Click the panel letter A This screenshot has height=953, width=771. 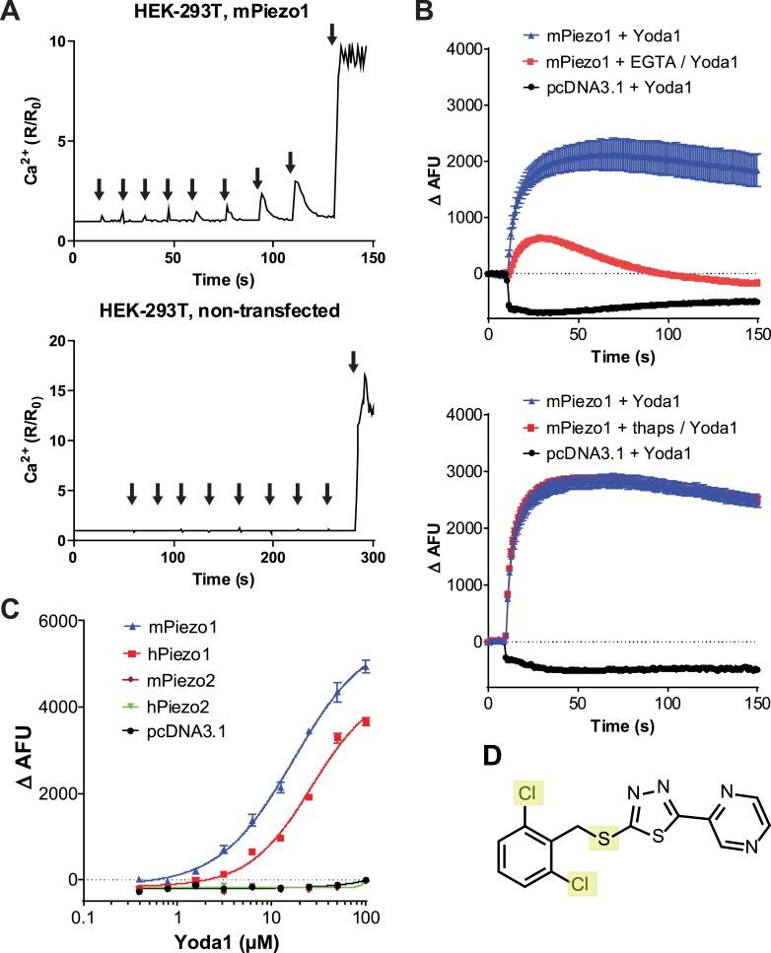pyautogui.click(x=13, y=12)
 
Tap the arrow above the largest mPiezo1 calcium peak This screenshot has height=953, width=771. pyautogui.click(x=331, y=34)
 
